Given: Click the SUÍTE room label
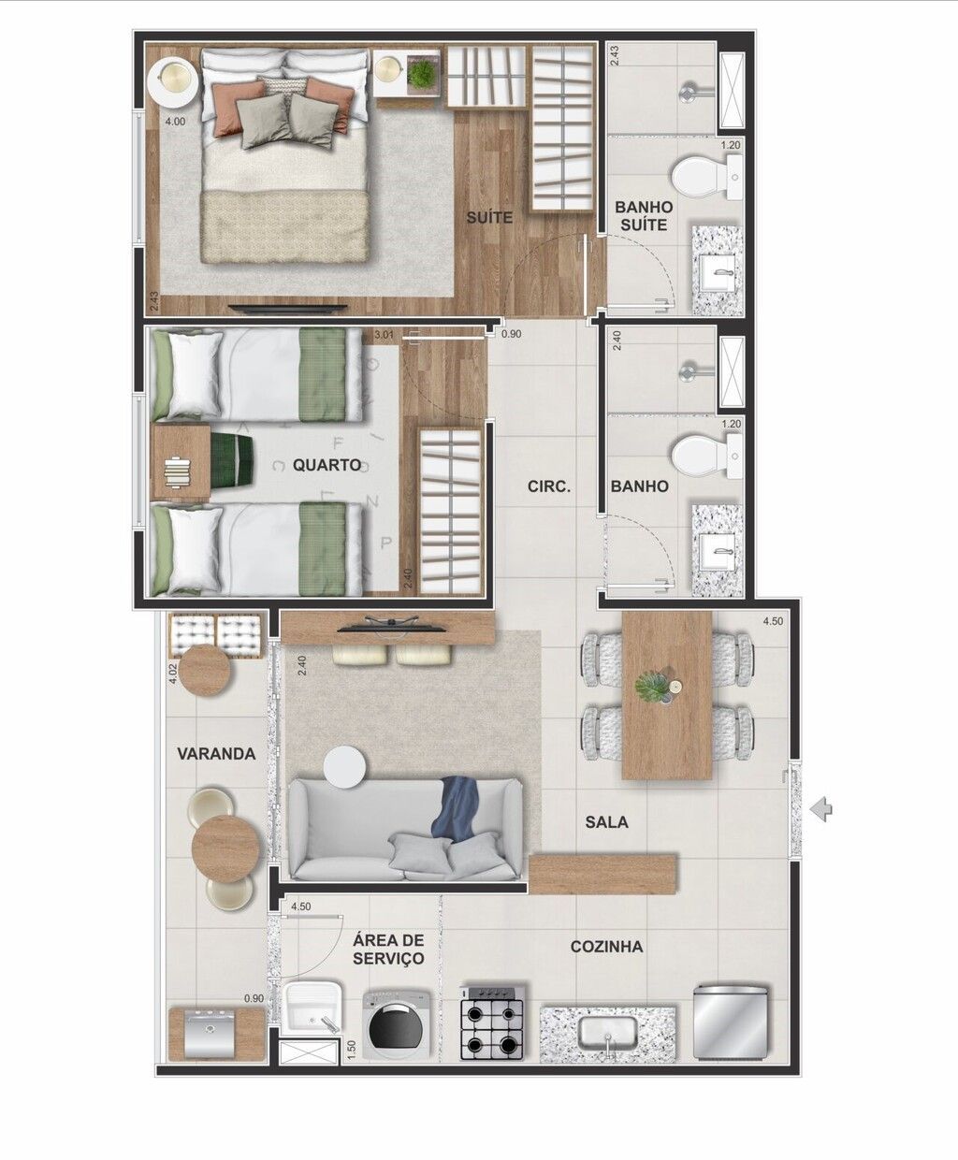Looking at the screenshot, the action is point(489,218).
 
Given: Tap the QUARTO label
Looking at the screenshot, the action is point(327,464).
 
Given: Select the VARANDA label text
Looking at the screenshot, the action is point(216,754).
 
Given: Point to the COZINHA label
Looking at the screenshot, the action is point(606,947).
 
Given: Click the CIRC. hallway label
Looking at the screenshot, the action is point(549,486).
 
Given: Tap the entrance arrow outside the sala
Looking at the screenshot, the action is point(821,809).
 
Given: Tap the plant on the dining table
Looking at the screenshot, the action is point(652,688).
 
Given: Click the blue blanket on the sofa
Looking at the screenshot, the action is point(459,810).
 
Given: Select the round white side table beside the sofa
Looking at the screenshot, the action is point(345,767).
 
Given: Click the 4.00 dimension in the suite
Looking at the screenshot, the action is point(175,122).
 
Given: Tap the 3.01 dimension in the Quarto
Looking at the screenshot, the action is point(384,335).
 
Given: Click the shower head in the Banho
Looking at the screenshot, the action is point(692,370).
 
